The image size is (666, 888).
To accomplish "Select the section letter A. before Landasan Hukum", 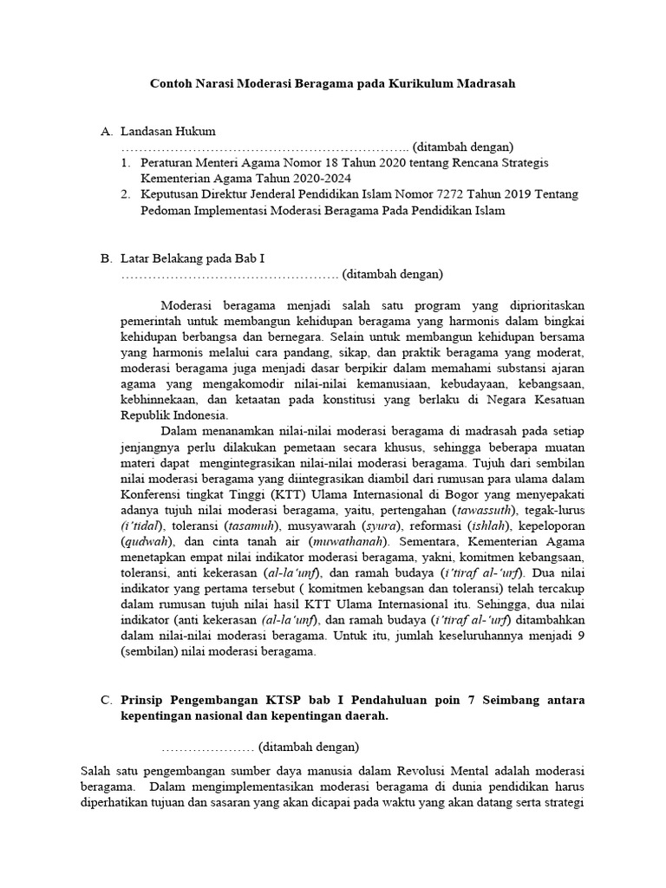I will click(108, 131).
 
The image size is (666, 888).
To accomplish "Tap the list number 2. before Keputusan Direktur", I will click(126, 194).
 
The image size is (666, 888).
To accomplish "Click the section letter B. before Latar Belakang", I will click(108, 258).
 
